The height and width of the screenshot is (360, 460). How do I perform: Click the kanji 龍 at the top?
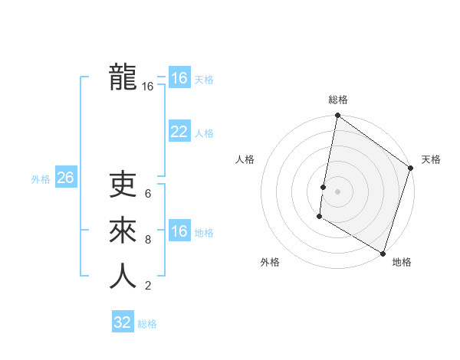click(123, 77)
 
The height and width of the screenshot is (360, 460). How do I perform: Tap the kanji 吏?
click(123, 185)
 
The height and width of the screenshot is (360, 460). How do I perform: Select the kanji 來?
click(123, 231)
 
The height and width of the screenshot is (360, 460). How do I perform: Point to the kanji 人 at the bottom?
click(123, 277)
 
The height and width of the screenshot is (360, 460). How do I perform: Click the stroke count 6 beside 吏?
click(148, 194)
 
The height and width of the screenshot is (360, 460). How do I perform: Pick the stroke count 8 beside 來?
click(148, 240)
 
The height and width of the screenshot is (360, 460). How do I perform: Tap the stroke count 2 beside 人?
click(148, 286)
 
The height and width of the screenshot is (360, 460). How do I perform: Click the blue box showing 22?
click(179, 132)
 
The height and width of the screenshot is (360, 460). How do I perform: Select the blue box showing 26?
click(65, 178)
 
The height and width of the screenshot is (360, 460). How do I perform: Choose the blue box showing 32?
click(123, 322)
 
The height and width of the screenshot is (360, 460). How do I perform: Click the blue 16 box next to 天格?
click(179, 78)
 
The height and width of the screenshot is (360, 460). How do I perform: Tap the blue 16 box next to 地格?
click(179, 231)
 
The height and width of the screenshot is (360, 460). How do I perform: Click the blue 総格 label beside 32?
click(147, 324)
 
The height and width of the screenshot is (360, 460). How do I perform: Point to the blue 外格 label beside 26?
click(41, 179)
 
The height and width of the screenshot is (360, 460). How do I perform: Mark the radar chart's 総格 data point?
click(337, 116)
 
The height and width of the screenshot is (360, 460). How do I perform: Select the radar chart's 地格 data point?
click(383, 253)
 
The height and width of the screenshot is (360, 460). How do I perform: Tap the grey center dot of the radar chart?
click(337, 191)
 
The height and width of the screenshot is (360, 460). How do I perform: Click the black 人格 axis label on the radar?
click(245, 159)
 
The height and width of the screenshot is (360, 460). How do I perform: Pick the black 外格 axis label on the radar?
click(270, 262)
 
